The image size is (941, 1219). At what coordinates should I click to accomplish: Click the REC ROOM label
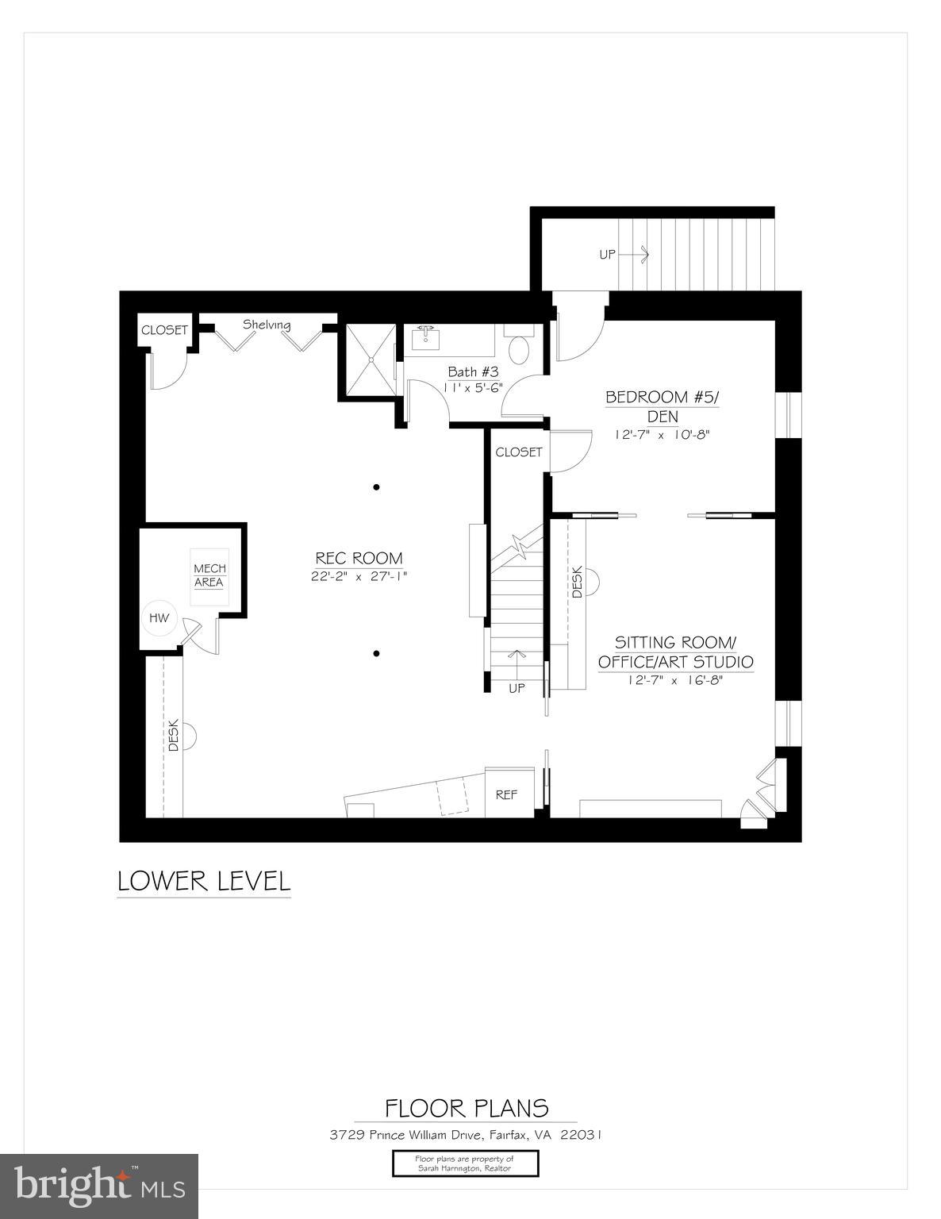tap(359, 558)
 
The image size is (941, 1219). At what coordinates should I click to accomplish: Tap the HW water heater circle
tap(160, 618)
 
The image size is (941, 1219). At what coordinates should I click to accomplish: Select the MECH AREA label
tap(209, 575)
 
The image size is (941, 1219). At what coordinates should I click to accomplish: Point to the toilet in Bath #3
tap(520, 348)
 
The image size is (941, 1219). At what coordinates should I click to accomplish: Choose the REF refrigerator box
tap(506, 794)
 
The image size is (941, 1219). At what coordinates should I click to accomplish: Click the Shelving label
tap(267, 325)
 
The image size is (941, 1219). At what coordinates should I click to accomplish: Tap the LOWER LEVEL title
tap(204, 881)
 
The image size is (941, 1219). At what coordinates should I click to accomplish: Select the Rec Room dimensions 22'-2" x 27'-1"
tap(359, 577)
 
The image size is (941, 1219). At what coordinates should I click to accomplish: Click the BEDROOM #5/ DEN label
tap(661, 406)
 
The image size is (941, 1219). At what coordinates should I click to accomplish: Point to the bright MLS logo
tap(99, 1186)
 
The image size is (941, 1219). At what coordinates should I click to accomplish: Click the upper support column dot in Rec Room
tap(376, 487)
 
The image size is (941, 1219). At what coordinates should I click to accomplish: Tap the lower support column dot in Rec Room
tap(376, 654)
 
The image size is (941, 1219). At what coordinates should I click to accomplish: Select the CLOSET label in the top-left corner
tap(164, 330)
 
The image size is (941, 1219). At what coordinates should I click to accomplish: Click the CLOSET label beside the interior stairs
tap(518, 452)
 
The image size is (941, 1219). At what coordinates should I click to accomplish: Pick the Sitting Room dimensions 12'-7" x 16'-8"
tap(674, 679)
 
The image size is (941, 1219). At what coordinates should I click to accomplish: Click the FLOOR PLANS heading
tap(466, 1108)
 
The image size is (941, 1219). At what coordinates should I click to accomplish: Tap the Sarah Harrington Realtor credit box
tap(465, 1163)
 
